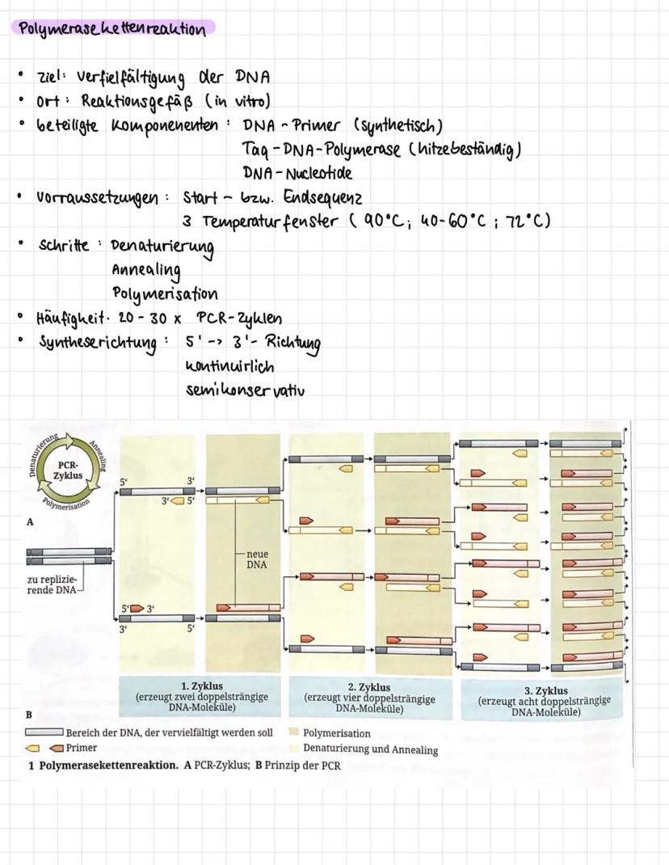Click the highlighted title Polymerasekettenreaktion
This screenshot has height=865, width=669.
point(111,29)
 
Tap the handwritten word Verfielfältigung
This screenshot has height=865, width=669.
point(133,77)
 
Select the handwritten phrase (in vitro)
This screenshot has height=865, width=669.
point(239,101)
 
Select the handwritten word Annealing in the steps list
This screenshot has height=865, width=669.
point(146,269)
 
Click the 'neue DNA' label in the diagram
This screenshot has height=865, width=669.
point(257,560)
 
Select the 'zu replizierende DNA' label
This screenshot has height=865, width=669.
point(52,584)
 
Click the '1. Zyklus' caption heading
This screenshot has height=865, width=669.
point(202,686)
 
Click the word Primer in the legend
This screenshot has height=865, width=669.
point(82,748)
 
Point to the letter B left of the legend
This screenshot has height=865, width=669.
point(28,715)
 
